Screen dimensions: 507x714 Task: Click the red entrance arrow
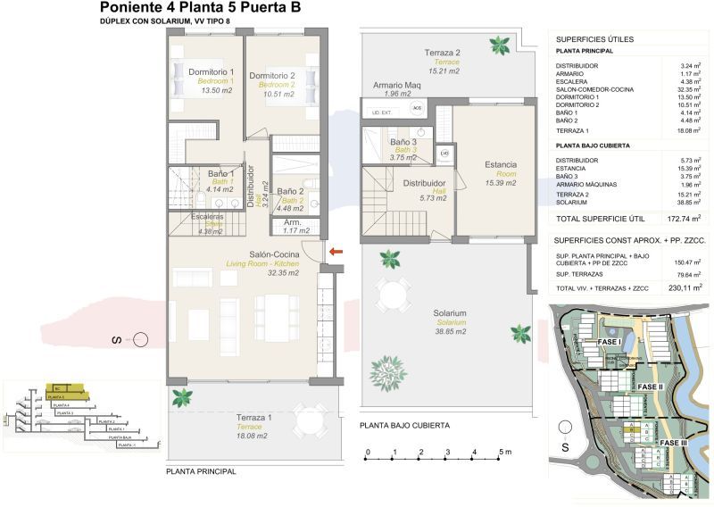pos(336,253)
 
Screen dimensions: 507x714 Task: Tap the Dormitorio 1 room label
pos(211,72)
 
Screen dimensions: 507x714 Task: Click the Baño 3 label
pos(403,143)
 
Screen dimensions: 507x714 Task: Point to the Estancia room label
pos(501,165)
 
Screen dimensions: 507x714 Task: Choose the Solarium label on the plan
pos(450,313)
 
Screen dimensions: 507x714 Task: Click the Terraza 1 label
pos(254,418)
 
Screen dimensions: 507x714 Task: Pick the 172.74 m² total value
pos(683,217)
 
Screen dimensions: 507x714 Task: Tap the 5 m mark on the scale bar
pos(503,453)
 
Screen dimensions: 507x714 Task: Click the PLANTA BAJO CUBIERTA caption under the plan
pos(404,426)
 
